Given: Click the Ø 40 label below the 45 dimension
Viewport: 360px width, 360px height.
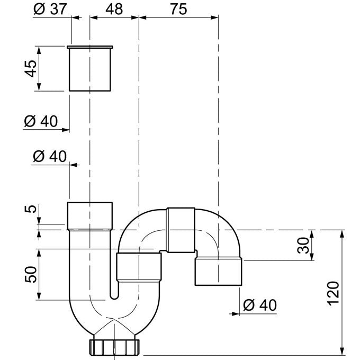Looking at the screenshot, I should pyautogui.click(x=41, y=121).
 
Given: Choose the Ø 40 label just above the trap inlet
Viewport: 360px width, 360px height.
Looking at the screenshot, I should pyautogui.click(x=50, y=156).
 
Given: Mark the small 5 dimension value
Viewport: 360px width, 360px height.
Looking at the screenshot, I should pyautogui.click(x=32, y=209).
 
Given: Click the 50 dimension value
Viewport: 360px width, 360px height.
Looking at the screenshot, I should pyautogui.click(x=32, y=274).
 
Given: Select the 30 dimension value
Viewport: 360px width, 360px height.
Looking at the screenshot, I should pyautogui.click(x=302, y=246).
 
